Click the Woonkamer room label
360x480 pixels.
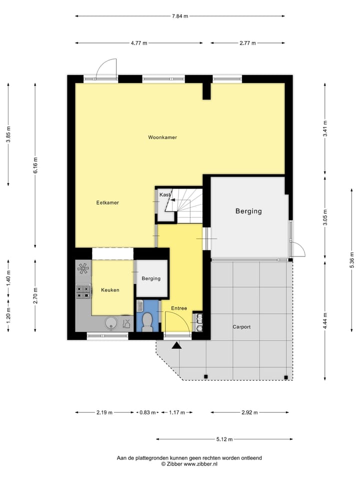tap(162, 137)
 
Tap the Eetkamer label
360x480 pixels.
tap(107, 202)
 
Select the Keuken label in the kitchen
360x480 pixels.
tap(110, 290)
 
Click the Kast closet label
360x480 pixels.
tap(164, 194)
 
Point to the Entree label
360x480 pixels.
tap(178, 308)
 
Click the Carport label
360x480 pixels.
tap(241, 327)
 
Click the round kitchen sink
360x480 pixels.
tap(111, 323)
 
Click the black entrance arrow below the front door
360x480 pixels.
tap(176, 345)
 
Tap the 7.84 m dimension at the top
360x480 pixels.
tap(180, 16)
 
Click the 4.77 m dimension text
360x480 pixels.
tap(139, 43)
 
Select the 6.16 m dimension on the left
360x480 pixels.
tap(35, 163)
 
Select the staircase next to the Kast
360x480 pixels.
tap(188, 205)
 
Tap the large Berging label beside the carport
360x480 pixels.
tap(248, 211)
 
